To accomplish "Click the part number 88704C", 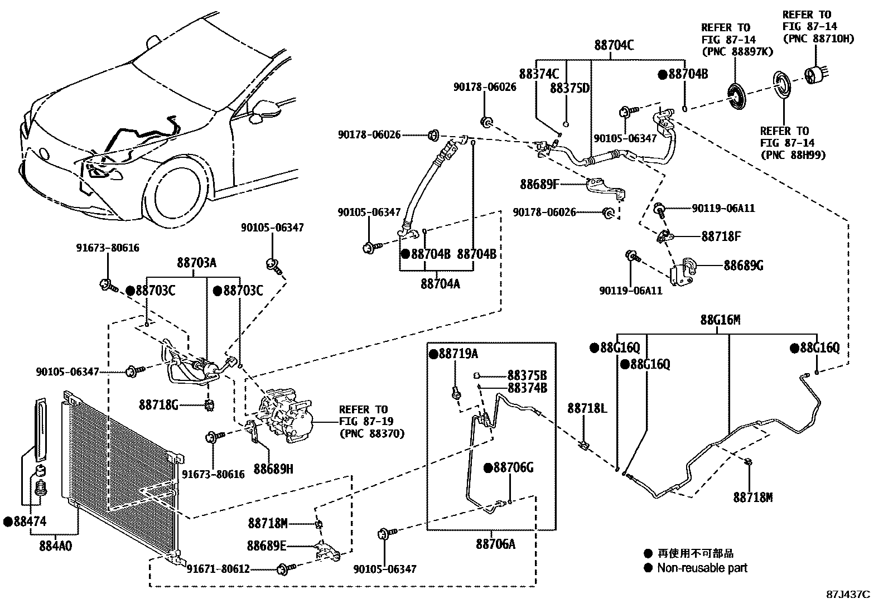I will [x=614, y=46].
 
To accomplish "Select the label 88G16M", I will [x=720, y=320].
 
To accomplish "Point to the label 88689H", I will [x=273, y=469].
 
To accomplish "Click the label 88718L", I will [x=587, y=408].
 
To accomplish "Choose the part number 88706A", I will [x=495, y=543].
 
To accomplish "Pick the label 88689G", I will [x=743, y=265].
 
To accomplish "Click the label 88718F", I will [x=721, y=236].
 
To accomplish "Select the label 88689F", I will [x=539, y=184].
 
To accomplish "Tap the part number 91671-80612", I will [x=218, y=569].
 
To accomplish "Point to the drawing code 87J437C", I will [x=848, y=595].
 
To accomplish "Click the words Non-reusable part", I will [x=702, y=568].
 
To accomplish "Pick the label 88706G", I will [x=512, y=467].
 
